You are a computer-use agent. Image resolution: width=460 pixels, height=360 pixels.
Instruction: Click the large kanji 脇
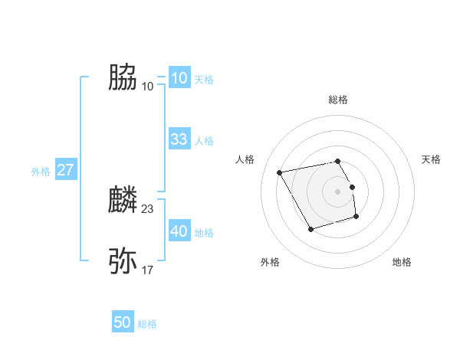coord(123,77)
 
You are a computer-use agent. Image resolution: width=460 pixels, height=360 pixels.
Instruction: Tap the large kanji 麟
coord(123,200)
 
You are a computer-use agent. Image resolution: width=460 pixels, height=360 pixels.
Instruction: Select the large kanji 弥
coord(123,261)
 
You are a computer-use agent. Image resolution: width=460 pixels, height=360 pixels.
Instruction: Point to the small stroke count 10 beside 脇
coord(148,86)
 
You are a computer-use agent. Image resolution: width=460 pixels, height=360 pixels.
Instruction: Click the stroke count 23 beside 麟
coord(148,208)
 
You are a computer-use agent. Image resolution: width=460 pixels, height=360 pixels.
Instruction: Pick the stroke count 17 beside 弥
coord(148,270)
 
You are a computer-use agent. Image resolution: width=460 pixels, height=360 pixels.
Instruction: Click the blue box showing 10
coord(179,78)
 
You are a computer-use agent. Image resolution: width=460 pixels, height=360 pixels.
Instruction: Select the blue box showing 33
coord(179,139)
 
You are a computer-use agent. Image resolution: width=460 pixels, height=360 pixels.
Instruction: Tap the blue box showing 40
coord(179,231)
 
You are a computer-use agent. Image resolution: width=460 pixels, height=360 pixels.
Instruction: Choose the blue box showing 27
coord(65,170)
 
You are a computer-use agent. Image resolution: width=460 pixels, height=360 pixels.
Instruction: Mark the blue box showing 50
coord(123,322)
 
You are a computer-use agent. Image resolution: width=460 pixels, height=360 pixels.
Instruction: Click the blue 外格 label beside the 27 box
coord(41,172)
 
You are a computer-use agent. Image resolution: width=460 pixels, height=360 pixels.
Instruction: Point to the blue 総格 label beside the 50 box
coord(147,324)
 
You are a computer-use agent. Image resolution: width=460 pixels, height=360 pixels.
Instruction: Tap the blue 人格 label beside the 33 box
coord(204,141)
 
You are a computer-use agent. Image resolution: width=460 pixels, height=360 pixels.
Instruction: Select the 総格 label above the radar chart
coord(338,100)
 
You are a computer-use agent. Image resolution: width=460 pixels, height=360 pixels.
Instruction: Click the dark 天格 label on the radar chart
coord(432,159)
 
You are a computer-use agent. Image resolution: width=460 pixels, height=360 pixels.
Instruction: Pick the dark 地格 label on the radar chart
coord(402,262)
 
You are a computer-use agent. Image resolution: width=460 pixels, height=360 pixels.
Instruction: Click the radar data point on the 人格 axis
coord(281,172)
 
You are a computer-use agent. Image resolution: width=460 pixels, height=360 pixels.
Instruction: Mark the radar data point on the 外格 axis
coord(310,229)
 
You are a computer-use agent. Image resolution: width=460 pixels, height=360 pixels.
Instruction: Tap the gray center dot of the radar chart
coord(338,191)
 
